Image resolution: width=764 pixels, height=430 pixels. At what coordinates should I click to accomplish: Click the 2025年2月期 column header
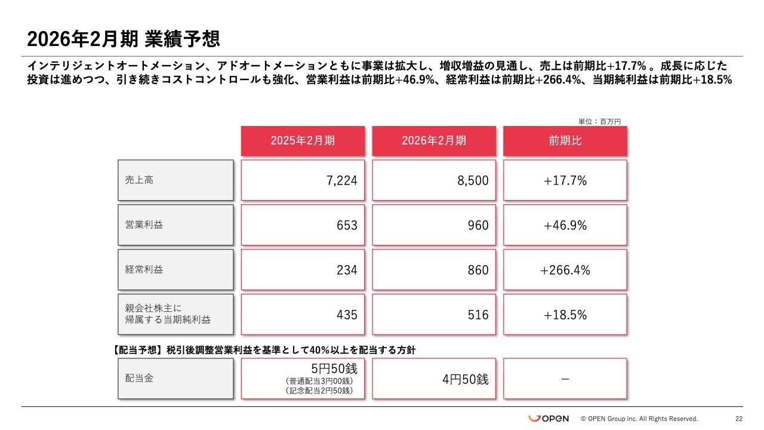click(303, 141)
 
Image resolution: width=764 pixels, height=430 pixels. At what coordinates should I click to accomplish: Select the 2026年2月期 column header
click(434, 141)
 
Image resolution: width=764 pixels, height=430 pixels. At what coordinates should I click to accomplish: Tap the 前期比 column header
click(565, 141)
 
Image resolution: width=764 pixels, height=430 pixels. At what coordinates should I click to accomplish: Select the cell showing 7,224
click(342, 180)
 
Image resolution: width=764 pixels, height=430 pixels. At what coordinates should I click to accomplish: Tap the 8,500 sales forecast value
click(473, 180)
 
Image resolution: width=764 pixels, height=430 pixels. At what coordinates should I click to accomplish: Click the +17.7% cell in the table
click(565, 180)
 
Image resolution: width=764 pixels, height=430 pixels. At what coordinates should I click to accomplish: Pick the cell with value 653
click(347, 225)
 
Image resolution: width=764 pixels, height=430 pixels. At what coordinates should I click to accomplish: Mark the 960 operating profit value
click(478, 225)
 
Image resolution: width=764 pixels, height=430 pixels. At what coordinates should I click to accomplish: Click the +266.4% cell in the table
click(565, 270)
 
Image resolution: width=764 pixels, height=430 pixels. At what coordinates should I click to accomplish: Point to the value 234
click(347, 270)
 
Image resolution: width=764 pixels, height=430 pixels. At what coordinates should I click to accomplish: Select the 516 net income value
click(478, 315)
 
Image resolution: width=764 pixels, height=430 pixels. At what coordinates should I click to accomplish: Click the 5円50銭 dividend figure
click(334, 369)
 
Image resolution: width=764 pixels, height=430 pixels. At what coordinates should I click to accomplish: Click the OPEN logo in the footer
click(549, 419)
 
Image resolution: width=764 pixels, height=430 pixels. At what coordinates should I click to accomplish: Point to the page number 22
click(739, 419)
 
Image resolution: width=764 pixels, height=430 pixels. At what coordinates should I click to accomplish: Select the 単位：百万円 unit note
click(599, 121)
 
